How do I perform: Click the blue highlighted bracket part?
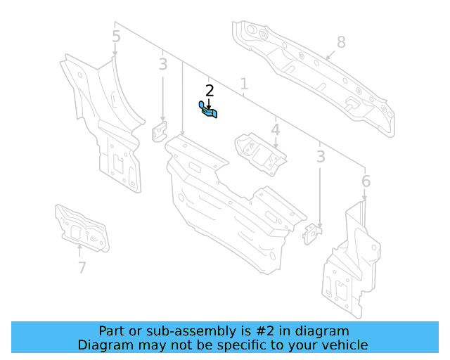[x=208, y=110]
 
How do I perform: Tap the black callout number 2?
[x=209, y=91]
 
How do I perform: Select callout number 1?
[x=244, y=85]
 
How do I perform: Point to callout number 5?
[x=116, y=37]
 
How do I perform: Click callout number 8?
[x=341, y=42]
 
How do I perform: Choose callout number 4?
[x=276, y=130]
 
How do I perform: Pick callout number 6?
[x=366, y=182]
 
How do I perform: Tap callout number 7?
[x=82, y=267]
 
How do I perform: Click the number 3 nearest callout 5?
[x=163, y=65]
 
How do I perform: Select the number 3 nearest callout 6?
[x=321, y=157]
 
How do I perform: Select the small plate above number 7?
[x=81, y=227]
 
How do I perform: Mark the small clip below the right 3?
[x=311, y=233]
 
